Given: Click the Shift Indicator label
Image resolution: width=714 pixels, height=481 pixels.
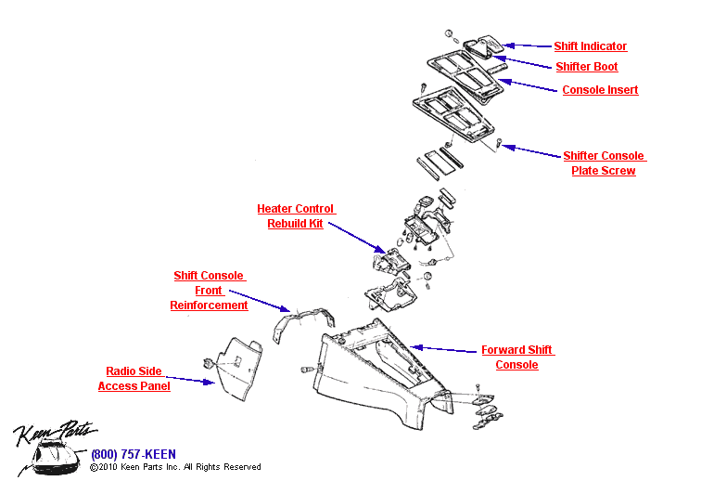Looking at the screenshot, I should click(590, 46).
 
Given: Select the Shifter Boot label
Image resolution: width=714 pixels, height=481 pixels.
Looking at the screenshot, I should click(586, 67).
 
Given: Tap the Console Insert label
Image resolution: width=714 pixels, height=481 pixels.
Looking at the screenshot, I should click(600, 90).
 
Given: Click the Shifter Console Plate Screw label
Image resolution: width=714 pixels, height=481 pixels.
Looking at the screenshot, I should click(604, 163).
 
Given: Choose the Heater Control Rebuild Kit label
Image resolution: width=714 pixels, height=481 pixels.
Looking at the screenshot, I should click(296, 216).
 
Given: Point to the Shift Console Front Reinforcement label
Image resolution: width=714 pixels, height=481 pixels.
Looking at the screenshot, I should click(209, 291).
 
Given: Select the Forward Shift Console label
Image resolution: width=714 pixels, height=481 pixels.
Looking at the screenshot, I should click(516, 357).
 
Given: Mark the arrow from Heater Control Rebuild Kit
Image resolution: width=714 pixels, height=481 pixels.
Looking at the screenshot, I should click(356, 238).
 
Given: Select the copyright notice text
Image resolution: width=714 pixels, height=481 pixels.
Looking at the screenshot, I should click(175, 467).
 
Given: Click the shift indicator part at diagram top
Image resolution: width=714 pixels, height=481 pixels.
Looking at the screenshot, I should click(482, 45).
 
